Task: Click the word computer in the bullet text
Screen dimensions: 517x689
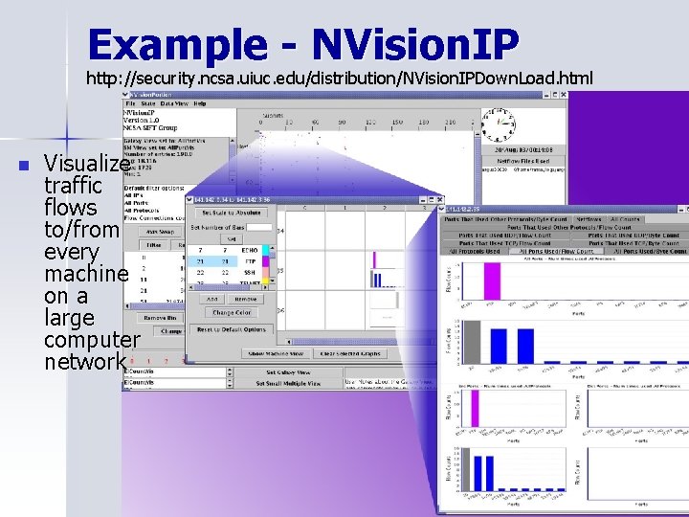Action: (x=91, y=339)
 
